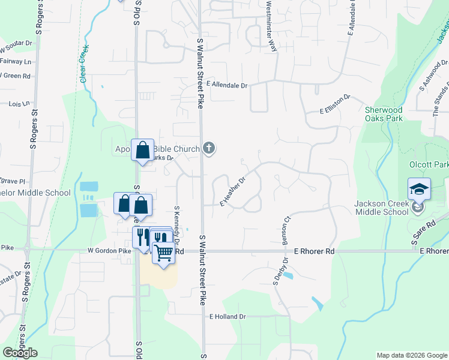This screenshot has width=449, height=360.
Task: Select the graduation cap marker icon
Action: [419, 190]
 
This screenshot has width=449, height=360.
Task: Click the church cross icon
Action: [208, 148]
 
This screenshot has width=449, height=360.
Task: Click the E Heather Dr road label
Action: [233, 191]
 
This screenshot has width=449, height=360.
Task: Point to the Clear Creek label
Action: [83, 63]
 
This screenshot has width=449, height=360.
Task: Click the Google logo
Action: [20, 353]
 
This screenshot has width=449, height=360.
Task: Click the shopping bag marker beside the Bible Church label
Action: [143, 151]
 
